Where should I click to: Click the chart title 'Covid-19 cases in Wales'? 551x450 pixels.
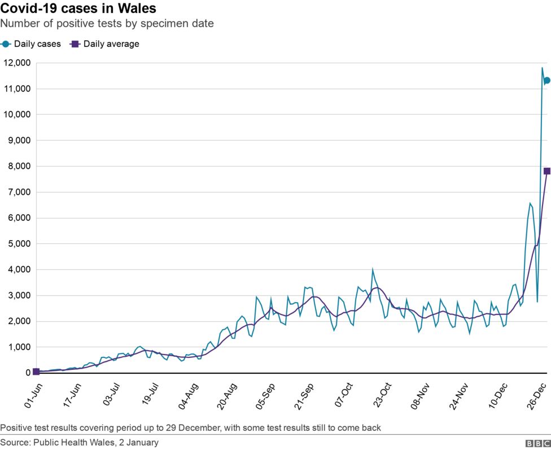78,9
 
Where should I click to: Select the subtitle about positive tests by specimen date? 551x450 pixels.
107,24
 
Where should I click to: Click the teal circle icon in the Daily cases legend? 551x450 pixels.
6,44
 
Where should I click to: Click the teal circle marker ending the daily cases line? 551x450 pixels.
546,80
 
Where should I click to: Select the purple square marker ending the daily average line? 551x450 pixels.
546,171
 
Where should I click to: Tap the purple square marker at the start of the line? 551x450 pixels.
36,372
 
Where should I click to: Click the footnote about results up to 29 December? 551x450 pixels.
190,428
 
